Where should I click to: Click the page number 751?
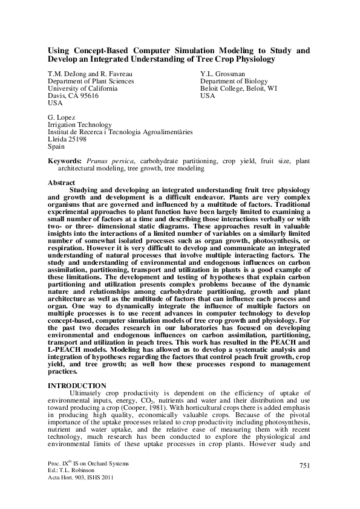click(304, 464)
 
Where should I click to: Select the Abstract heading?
click(61, 183)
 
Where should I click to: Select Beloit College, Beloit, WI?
click(239, 88)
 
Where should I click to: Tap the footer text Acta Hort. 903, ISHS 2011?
click(80, 478)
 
